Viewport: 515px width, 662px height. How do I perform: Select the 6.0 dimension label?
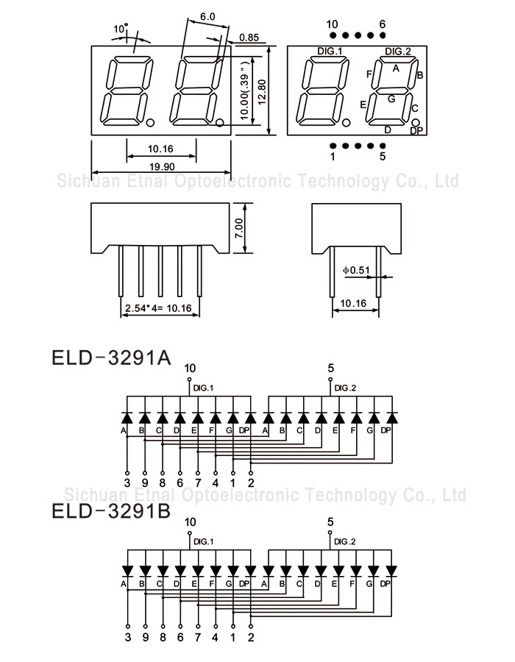point(207,16)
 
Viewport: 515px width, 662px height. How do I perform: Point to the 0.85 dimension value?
point(249,37)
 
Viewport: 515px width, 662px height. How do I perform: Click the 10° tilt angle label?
point(121,29)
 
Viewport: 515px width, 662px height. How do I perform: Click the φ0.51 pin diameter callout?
point(357,270)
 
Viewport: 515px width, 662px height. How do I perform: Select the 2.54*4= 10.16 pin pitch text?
point(158,307)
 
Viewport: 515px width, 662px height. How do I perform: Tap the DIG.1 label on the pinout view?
point(330,51)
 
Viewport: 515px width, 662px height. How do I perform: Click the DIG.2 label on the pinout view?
point(398,51)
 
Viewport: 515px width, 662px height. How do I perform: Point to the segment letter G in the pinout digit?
point(391,98)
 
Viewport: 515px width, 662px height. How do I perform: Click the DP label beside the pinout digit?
point(416,131)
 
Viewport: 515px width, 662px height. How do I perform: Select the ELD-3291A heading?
point(111,357)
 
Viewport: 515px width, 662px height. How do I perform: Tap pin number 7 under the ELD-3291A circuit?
point(197,483)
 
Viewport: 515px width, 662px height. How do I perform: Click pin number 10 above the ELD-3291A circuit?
point(190,368)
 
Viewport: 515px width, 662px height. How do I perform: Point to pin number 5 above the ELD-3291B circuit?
point(330,522)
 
